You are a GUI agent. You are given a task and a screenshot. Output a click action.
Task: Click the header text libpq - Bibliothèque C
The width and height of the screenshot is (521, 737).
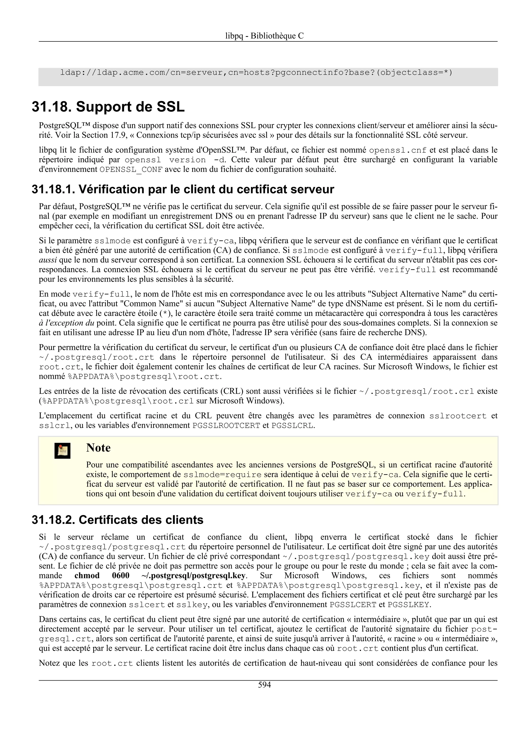(x=264, y=36)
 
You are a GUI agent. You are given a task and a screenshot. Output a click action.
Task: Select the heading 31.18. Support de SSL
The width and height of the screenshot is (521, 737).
(x=108, y=107)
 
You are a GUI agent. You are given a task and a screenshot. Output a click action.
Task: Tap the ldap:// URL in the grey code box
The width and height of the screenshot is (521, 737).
(x=256, y=72)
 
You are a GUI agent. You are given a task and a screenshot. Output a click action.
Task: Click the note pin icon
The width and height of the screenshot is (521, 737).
(x=62, y=451)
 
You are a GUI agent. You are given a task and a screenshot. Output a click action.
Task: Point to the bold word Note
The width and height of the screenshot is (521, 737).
(x=98, y=448)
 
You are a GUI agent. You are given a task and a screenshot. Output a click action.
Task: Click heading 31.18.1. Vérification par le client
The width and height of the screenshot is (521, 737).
(x=183, y=189)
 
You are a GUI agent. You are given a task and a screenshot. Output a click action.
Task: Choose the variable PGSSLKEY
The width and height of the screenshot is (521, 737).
(x=408, y=605)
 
